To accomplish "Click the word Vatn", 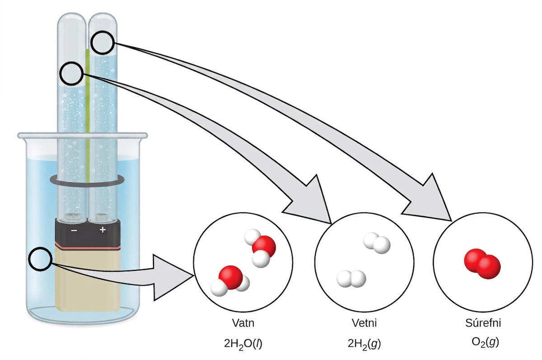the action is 243,323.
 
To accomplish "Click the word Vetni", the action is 364,323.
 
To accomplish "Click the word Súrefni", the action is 483,323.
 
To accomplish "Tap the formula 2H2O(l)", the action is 243,344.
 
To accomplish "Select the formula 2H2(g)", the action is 364,344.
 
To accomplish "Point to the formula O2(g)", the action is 485,343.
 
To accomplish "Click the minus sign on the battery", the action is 74,230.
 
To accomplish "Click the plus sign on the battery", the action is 103,229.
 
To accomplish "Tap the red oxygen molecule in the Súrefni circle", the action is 482,264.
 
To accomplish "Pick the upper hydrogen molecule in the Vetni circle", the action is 377,243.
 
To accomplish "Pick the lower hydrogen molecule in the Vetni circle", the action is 351,279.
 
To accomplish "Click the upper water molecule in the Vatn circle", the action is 260,248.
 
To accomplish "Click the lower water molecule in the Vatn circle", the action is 230,281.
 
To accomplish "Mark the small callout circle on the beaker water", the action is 40,259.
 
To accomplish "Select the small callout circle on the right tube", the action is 103,42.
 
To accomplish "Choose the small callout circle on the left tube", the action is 72,73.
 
